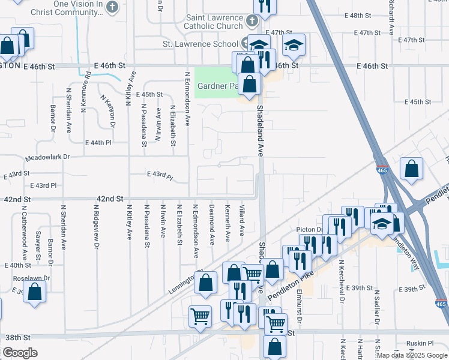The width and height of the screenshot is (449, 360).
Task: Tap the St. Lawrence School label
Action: [x=200, y=44]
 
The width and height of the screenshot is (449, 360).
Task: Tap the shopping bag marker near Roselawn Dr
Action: [x=35, y=292]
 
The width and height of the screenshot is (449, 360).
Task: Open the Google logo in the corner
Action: [x=20, y=353]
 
